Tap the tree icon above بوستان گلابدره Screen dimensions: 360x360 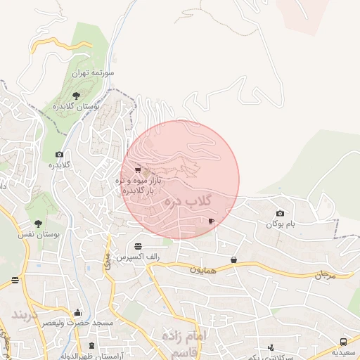tap(76, 95)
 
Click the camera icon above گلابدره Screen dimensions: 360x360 tap(58, 155)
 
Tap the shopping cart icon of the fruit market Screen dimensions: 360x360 tap(137, 170)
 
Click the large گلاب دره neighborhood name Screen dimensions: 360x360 tap(188, 202)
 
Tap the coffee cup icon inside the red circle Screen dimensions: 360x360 tap(211, 221)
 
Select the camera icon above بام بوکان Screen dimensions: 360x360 tap(281, 214)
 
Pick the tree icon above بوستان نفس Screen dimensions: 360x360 tap(38, 224)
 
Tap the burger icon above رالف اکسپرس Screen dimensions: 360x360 tap(138, 246)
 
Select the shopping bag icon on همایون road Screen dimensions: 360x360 tap(233, 260)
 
